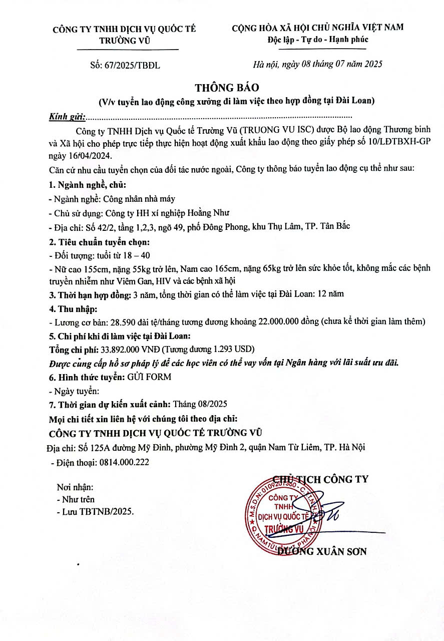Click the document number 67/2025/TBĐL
pyautogui.click(x=133, y=65)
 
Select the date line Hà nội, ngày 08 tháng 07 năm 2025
pyautogui.click(x=318, y=64)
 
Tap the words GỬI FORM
pyautogui.click(x=150, y=377)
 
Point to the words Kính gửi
pyautogui.click(x=67, y=117)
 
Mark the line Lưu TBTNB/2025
pyautogui.click(x=96, y=511)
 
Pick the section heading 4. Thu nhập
pyautogui.click(x=73, y=307)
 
